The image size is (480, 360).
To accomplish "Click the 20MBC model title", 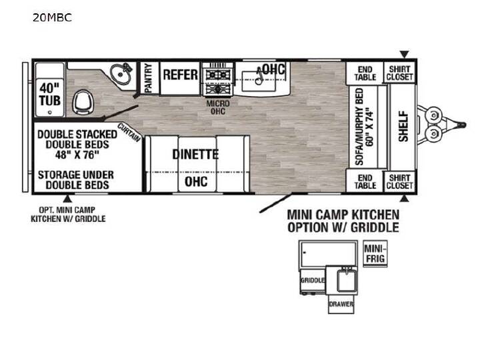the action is [53, 18].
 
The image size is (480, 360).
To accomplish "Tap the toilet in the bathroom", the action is [82, 102].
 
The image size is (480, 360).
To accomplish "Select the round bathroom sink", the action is [120, 74].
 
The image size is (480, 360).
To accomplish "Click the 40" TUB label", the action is [49, 94].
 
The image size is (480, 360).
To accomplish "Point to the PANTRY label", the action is [149, 78].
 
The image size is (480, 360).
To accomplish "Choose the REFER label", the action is [180, 75].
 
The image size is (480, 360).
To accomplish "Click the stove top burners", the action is [218, 79].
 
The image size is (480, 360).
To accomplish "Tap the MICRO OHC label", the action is [218, 107].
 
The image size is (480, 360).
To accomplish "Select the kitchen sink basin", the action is [259, 81].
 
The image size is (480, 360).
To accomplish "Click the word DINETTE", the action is [195, 154].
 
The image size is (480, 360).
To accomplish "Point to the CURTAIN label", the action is [129, 132].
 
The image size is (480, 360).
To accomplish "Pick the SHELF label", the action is [403, 126].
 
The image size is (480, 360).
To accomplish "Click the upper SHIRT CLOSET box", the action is [399, 73].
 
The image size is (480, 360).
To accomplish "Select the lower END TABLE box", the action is [365, 181].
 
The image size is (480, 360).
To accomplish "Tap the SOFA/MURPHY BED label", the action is [365, 127].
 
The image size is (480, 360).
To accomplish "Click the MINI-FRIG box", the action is [375, 254].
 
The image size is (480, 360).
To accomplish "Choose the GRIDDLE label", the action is [313, 280].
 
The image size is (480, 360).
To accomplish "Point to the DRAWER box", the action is [341, 304].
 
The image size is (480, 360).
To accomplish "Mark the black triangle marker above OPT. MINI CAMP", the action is [67, 199].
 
